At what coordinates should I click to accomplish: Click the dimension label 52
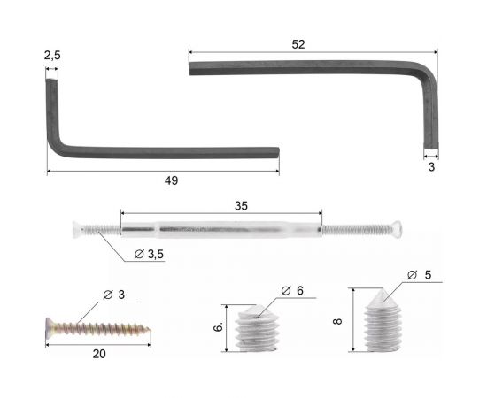[x=298, y=45]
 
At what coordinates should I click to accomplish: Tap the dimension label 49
[x=171, y=180]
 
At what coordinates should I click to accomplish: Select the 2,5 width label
[x=52, y=56]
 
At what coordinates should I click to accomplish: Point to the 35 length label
[x=241, y=206]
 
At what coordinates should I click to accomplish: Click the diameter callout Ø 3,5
[x=149, y=255]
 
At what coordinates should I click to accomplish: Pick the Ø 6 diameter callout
[x=292, y=291]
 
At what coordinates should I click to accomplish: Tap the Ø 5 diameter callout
[x=419, y=275]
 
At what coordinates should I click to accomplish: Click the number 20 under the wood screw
[x=99, y=354]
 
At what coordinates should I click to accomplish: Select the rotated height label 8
[x=337, y=321]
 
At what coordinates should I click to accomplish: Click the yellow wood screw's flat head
[x=50, y=327]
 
